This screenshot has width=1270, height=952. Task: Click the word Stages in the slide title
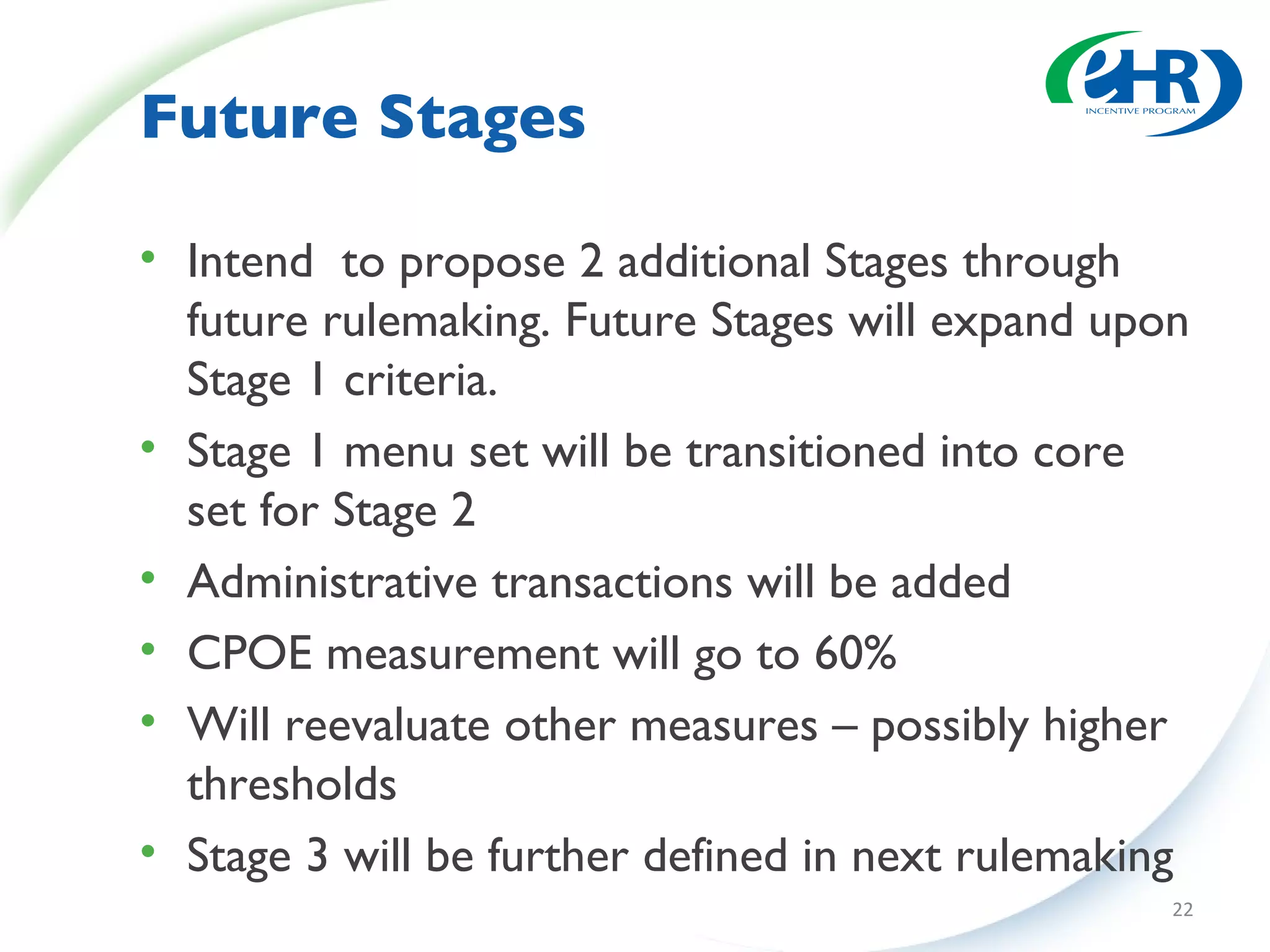tap(482, 120)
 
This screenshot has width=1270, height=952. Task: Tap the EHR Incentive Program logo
tap(1143, 84)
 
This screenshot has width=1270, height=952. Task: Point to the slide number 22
tap(1183, 909)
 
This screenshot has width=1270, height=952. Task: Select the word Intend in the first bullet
tap(250, 262)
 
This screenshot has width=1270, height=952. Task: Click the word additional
tap(714, 262)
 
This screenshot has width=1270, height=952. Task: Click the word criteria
tap(420, 380)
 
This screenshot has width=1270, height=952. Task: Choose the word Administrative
tap(332, 582)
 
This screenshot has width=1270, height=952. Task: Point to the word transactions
tap(613, 583)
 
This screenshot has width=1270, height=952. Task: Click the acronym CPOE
tap(250, 653)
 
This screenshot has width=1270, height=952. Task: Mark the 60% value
tap(855, 653)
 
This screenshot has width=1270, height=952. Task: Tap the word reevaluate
tap(388, 725)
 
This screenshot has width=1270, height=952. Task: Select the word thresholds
tap(291, 785)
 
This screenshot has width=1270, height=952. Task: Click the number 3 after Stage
tap(317, 856)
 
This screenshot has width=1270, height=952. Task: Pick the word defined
tap(716, 856)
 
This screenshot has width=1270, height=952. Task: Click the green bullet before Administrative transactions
tap(148, 578)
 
